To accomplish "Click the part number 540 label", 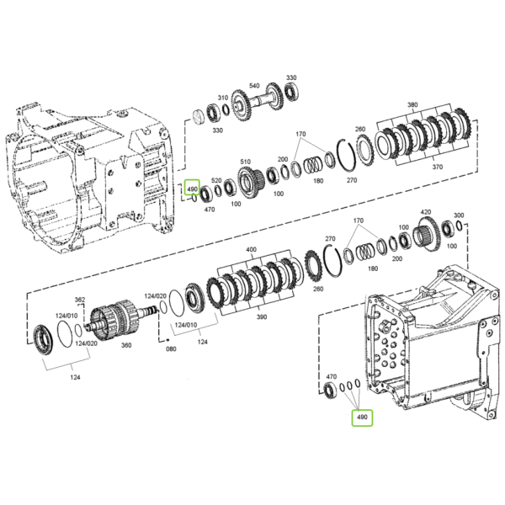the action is pos(254,86).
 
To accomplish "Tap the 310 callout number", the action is pos(223,98).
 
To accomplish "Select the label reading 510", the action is pos(246,162).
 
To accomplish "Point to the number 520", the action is pos(216,180).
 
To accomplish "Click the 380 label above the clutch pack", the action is pos(412,104).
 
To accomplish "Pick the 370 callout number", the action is pos(438,167).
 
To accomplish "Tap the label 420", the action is pos(426,212).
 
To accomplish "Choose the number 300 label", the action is pos(459,215).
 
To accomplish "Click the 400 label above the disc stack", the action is pos(251,249).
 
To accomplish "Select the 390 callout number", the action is pos(262,317).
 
